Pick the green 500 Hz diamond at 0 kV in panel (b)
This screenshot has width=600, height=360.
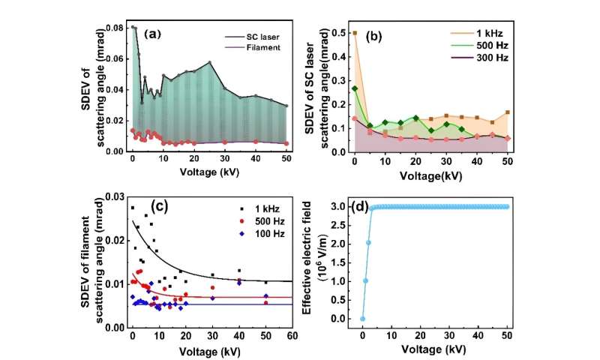point(354,88)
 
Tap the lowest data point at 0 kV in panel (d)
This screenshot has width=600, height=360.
point(362,318)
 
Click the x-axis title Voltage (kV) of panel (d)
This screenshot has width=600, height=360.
point(439,349)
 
